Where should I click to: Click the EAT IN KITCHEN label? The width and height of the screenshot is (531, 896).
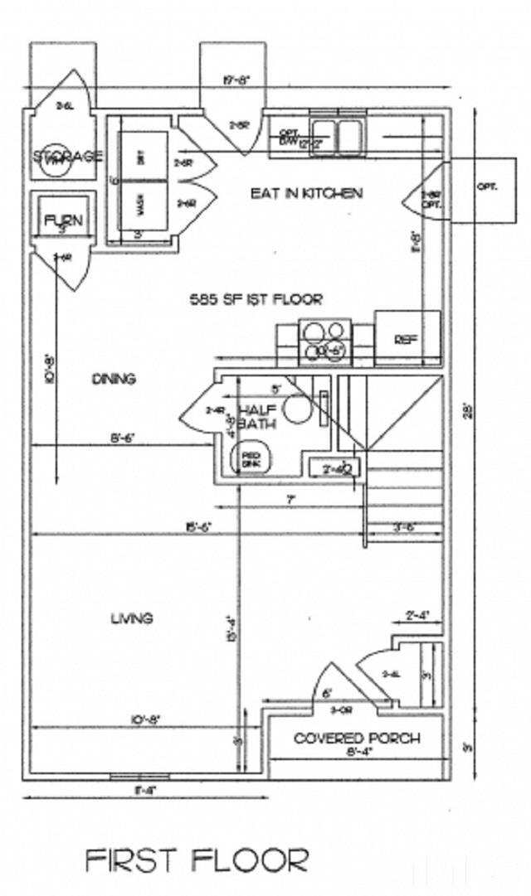point(306,193)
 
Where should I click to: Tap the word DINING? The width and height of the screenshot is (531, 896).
point(114,379)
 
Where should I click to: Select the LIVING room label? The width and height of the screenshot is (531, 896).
point(132,618)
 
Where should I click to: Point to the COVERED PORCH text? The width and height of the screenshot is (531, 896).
point(357,738)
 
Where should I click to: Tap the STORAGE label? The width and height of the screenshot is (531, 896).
point(68,156)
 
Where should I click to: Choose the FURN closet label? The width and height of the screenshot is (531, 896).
point(63,221)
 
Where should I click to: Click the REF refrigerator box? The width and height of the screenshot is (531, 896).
point(406,338)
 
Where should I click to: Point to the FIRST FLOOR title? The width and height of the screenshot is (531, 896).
point(197,860)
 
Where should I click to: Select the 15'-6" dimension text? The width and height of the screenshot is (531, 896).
point(196,527)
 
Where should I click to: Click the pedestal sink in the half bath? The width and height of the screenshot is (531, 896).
point(249,458)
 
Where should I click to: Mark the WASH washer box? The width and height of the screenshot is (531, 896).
point(141,207)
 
